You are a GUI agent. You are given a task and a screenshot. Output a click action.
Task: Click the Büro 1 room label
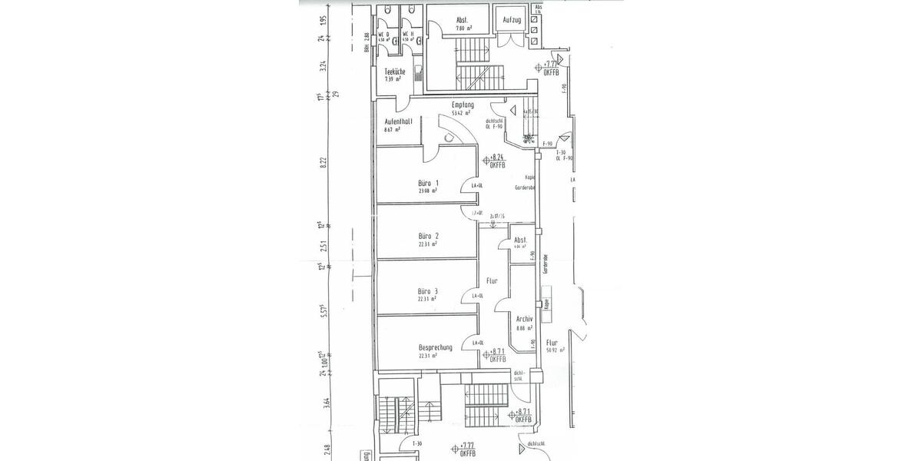[x=428, y=183]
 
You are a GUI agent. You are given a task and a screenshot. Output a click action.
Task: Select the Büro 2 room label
[x=428, y=236]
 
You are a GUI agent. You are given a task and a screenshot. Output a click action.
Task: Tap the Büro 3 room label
[x=428, y=291]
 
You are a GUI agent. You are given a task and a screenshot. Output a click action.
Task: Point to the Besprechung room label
[x=435, y=347]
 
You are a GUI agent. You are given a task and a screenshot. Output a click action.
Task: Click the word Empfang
[x=463, y=104]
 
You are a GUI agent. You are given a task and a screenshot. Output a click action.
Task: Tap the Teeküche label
[x=395, y=71]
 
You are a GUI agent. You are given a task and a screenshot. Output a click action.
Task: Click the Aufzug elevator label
[x=512, y=19]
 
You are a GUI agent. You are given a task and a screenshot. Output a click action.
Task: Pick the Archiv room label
[x=526, y=318]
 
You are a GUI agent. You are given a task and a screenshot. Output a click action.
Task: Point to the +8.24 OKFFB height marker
[x=495, y=161]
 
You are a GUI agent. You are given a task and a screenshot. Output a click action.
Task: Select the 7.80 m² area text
[x=463, y=28]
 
